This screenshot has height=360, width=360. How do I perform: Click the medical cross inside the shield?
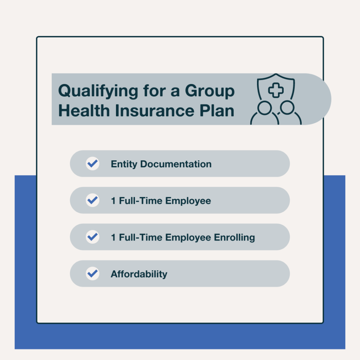pyautogui.click(x=276, y=90)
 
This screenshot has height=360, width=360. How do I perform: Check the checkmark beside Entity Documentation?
pyautogui.click(x=92, y=164)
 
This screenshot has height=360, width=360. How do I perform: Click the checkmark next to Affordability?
pyautogui.click(x=92, y=274)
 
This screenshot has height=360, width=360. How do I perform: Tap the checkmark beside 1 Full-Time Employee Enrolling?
pyautogui.click(x=92, y=237)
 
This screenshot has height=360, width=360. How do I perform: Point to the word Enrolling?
pyautogui.click(x=234, y=237)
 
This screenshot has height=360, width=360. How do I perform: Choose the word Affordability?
pyautogui.click(x=139, y=274)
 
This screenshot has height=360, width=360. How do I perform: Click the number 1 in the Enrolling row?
pyautogui.click(x=113, y=237)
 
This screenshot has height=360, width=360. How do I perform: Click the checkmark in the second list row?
pyautogui.click(x=92, y=200)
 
